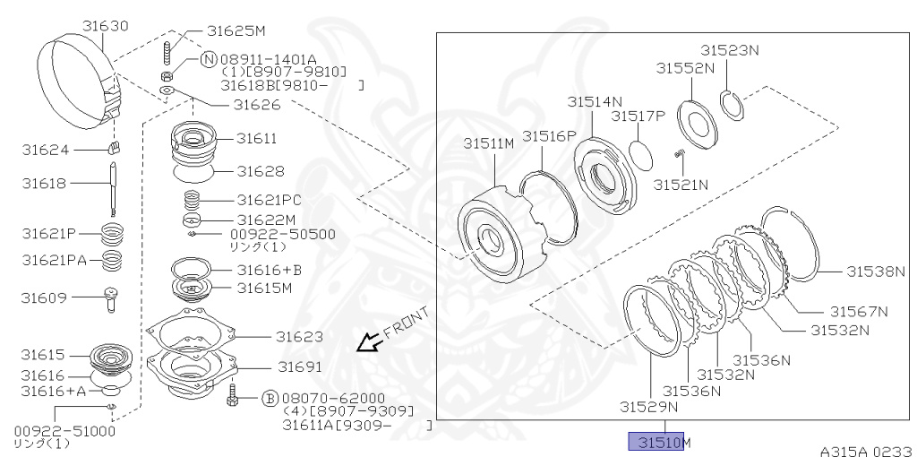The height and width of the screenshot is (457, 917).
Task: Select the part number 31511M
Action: [488, 144]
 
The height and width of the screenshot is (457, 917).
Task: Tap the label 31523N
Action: [729, 50]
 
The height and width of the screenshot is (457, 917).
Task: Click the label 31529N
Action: [648, 406]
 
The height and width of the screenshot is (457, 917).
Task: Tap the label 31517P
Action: [638, 116]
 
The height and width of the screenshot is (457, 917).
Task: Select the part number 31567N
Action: [858, 311]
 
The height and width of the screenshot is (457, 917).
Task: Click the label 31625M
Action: [236, 30]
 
